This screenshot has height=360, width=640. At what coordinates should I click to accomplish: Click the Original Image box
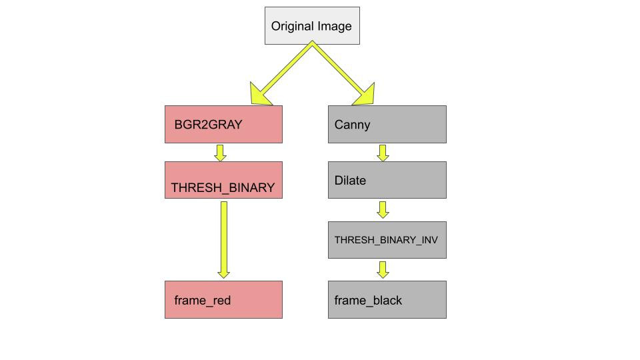312,26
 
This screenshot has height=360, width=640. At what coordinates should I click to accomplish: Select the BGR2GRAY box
223,124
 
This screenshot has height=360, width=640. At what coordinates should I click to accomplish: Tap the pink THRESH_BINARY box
223,180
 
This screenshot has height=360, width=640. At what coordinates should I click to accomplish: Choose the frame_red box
223,299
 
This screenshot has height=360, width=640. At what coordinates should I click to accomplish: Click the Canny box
387,124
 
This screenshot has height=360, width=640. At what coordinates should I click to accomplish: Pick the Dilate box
387,180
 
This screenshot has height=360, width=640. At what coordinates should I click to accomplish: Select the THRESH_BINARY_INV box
387,240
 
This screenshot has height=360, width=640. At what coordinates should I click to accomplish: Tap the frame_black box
387,299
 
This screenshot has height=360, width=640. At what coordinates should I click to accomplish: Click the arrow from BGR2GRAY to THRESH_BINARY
221,153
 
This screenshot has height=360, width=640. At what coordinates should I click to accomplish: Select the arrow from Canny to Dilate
383,153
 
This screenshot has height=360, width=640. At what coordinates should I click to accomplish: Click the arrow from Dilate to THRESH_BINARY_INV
383,209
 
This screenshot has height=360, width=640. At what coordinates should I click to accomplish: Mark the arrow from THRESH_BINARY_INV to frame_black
383,269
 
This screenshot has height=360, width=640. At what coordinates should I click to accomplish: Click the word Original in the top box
291,27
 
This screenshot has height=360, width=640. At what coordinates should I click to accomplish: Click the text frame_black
368,301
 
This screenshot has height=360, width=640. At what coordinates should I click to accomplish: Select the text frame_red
202,301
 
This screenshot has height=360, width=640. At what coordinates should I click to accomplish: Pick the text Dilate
350,181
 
